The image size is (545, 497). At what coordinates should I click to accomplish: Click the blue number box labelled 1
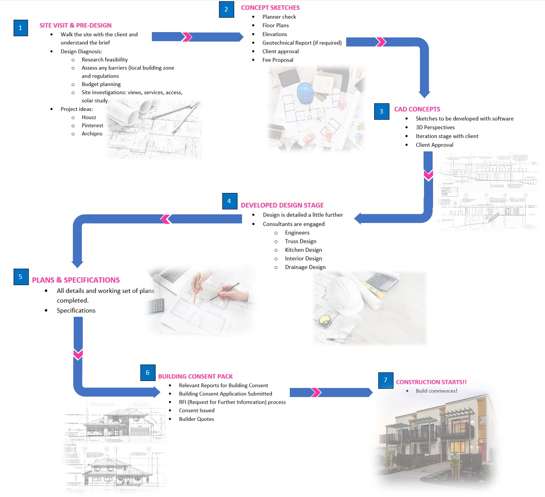coord(21,28)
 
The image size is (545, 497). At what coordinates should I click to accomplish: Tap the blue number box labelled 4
coord(229,201)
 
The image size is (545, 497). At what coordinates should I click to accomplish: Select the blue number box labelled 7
coord(386,380)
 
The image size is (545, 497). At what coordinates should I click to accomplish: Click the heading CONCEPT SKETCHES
coord(270,8)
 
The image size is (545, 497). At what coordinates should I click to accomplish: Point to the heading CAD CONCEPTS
coord(417,109)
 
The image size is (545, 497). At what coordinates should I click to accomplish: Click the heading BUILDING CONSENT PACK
coord(195,376)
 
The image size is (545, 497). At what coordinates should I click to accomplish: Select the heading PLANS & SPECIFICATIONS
coord(76,280)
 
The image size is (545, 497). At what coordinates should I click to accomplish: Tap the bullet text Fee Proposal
coord(278,60)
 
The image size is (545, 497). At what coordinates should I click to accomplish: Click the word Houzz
coord(89,117)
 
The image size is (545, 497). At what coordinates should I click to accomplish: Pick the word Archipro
coord(92,134)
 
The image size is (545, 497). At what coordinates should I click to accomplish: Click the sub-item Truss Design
coord(300,242)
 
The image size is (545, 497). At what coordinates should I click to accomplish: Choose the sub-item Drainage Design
coord(305,267)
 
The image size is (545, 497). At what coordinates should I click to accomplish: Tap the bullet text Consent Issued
coord(196,411)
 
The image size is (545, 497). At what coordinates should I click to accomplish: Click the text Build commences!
coord(436,391)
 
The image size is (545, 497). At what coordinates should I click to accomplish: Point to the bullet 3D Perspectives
coord(435,128)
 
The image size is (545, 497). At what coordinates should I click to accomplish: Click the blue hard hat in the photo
coord(305,93)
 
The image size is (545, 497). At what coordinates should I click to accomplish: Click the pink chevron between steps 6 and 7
coord(316,392)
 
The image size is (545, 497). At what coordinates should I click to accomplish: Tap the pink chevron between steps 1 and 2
coord(187,37)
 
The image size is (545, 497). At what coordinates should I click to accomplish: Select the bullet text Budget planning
coord(101,84)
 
